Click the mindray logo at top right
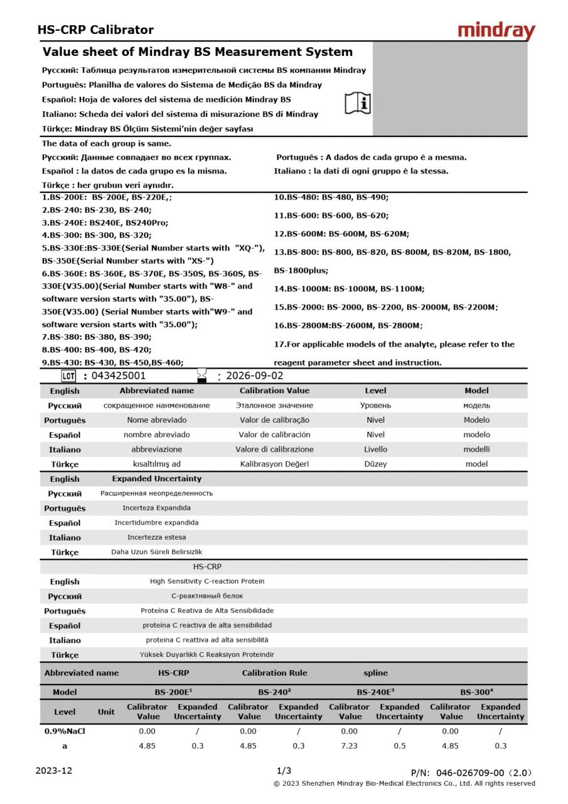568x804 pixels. (x=496, y=31)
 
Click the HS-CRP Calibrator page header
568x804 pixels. (x=95, y=30)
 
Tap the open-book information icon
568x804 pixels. (x=358, y=102)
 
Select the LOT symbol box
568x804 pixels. (x=68, y=376)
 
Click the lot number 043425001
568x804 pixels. (x=119, y=376)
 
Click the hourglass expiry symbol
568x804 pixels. (x=201, y=376)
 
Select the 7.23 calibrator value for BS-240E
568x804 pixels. (x=349, y=746)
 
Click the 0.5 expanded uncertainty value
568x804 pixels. (x=399, y=746)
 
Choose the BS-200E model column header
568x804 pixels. (x=173, y=692)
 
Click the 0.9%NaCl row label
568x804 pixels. (x=65, y=731)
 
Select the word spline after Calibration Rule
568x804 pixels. (x=375, y=673)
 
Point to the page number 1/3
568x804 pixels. (x=284, y=771)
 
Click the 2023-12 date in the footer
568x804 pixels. (x=54, y=771)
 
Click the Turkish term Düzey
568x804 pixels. (x=375, y=464)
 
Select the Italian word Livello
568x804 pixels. (x=375, y=449)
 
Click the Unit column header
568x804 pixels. (x=106, y=712)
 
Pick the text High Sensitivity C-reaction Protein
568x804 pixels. (x=207, y=582)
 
